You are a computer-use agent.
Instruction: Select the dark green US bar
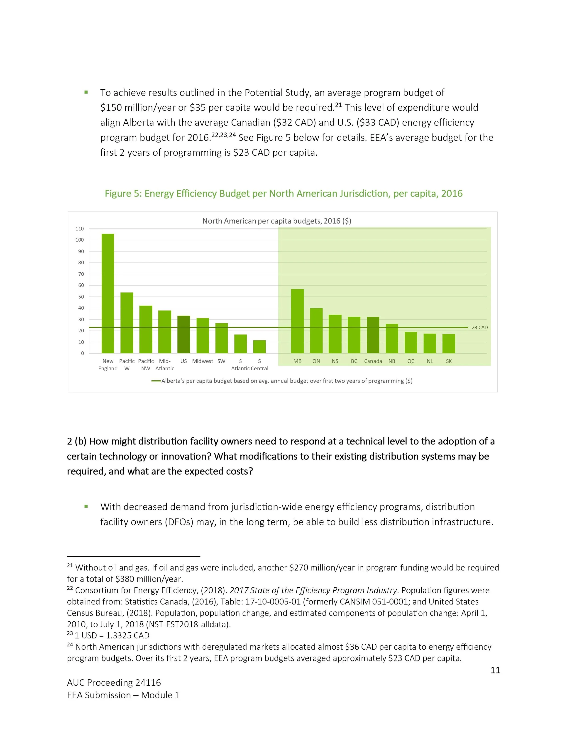184,334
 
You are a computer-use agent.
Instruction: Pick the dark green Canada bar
373,335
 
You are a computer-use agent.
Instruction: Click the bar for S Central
259,347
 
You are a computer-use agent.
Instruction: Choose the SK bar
449,344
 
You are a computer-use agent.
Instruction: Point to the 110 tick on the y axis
80,229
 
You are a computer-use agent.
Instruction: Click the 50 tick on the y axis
81,297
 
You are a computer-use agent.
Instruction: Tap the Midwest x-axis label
203,361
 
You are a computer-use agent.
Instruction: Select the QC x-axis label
411,361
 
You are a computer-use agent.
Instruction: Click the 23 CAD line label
480,327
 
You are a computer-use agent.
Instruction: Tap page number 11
495,670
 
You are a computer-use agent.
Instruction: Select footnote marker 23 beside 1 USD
70,633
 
